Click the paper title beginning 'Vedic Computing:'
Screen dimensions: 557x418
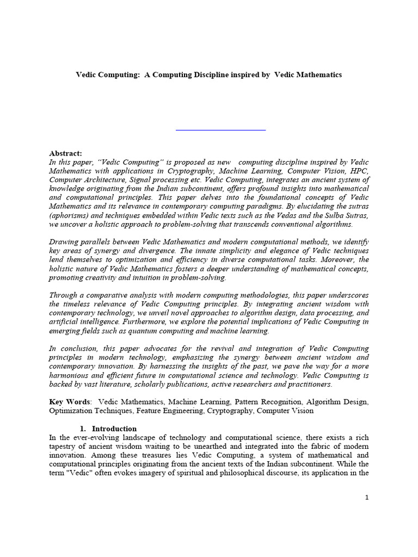[208, 75]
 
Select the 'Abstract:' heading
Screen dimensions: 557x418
[65, 154]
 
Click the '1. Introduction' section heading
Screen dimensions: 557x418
[114, 429]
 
